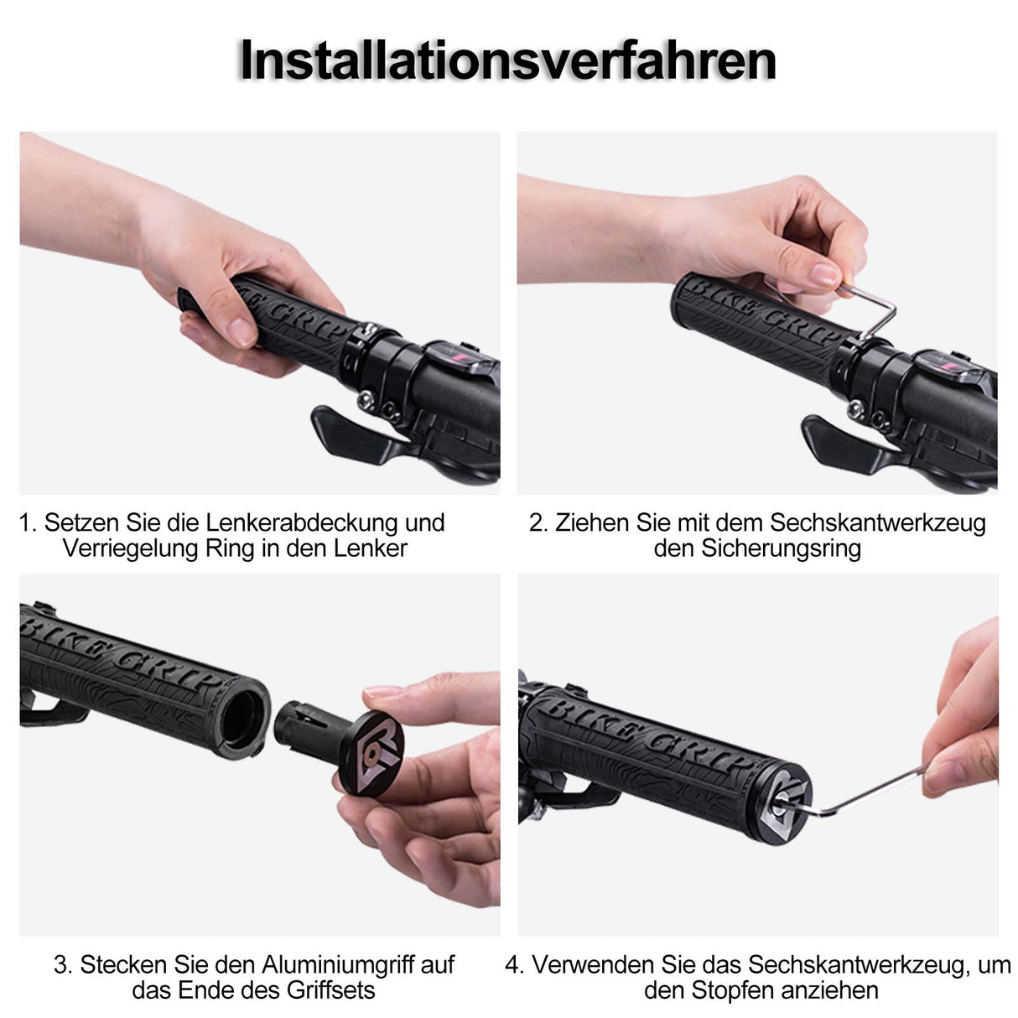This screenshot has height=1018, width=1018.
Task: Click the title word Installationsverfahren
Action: [508, 60]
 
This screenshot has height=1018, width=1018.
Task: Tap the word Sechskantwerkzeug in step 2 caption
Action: [878, 522]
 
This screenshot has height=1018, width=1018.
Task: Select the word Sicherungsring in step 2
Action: [781, 548]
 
